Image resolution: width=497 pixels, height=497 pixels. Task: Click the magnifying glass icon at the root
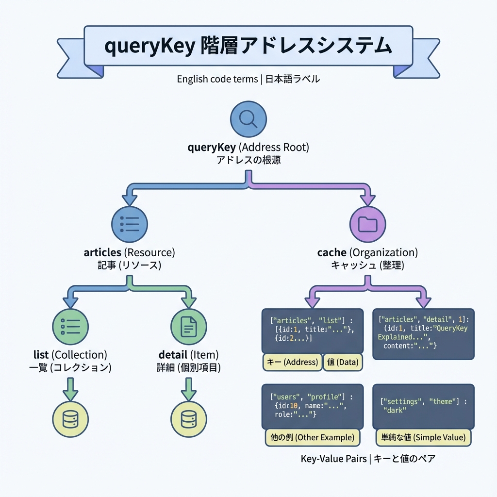(248, 119)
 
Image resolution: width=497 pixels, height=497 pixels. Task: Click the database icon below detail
(189, 417)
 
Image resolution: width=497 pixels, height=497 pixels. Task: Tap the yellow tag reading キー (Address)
(292, 362)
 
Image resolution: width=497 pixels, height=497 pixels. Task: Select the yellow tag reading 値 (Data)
(343, 362)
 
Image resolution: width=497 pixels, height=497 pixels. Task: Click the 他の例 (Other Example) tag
(313, 437)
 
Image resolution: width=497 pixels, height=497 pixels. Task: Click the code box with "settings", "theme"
(423, 406)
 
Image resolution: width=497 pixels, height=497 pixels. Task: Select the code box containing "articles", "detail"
(423, 333)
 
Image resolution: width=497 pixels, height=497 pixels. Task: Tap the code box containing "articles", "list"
(312, 330)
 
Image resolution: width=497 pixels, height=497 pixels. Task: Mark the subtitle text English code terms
(217, 79)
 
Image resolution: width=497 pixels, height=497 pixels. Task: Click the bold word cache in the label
(331, 252)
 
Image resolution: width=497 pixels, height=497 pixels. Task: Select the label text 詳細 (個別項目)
(189, 367)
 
